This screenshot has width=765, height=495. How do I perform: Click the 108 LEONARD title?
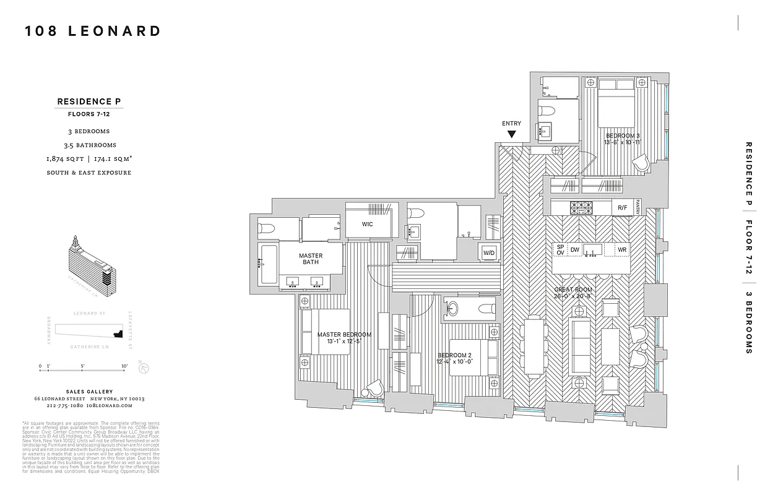(x=93, y=32)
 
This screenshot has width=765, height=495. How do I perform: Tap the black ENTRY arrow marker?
(x=512, y=134)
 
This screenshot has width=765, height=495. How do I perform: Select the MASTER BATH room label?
(x=311, y=259)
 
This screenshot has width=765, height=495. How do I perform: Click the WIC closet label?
(x=368, y=224)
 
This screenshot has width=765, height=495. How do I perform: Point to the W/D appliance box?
(x=489, y=252)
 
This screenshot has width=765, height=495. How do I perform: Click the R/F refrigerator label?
(x=621, y=208)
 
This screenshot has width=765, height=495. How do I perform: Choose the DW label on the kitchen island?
(x=575, y=249)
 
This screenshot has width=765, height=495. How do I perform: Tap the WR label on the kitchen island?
(x=622, y=250)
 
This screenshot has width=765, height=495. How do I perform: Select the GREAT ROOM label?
(x=573, y=290)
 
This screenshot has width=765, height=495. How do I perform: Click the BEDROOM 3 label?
(x=622, y=136)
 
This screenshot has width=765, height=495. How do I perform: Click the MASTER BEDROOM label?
(x=344, y=335)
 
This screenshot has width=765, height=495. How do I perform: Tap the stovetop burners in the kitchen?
(x=581, y=208)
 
